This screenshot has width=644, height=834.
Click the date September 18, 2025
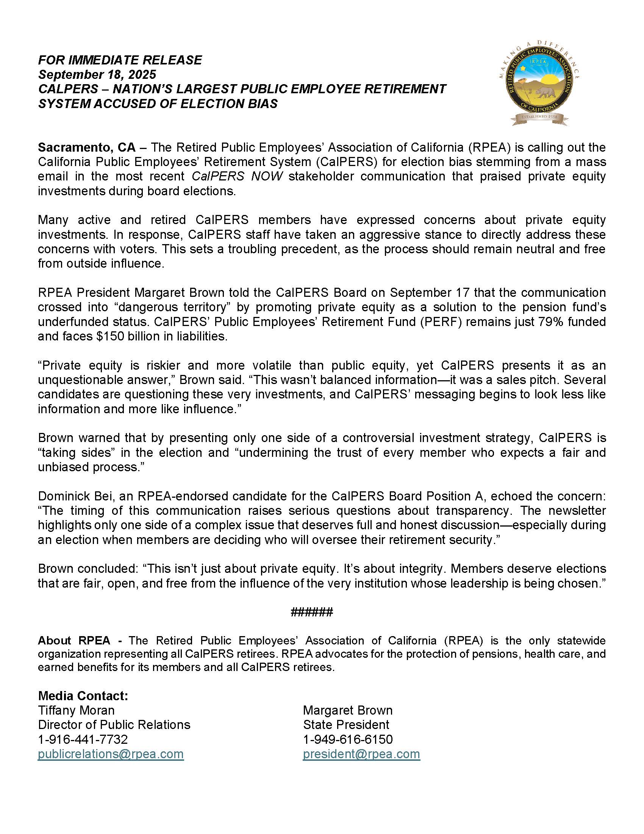click(x=97, y=74)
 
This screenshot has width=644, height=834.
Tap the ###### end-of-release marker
click(x=312, y=613)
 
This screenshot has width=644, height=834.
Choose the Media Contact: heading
click(x=83, y=696)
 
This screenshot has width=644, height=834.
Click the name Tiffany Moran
click(x=76, y=710)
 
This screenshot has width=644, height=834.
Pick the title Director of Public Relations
click(x=114, y=725)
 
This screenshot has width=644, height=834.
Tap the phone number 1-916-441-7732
click(x=83, y=739)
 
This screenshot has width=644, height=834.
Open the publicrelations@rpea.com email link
click(x=111, y=754)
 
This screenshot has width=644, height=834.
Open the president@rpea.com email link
click(x=361, y=754)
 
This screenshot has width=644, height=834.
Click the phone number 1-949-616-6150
click(x=347, y=739)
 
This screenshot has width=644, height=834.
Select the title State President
click(x=346, y=725)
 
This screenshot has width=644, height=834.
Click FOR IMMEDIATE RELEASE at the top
click(x=120, y=60)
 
